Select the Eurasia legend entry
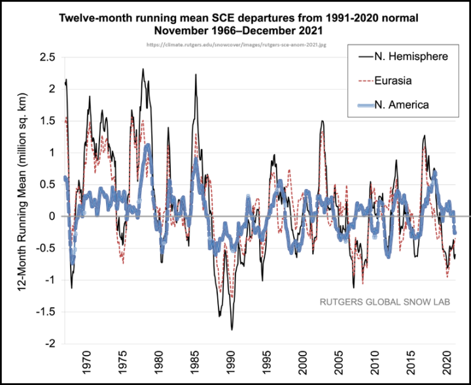coord(398,80)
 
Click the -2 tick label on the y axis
coord(50,344)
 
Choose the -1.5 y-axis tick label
coord(46,312)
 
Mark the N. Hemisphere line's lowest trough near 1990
coord(232,329)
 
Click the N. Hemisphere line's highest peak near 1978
coord(143,69)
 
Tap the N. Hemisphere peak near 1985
coord(196,75)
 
